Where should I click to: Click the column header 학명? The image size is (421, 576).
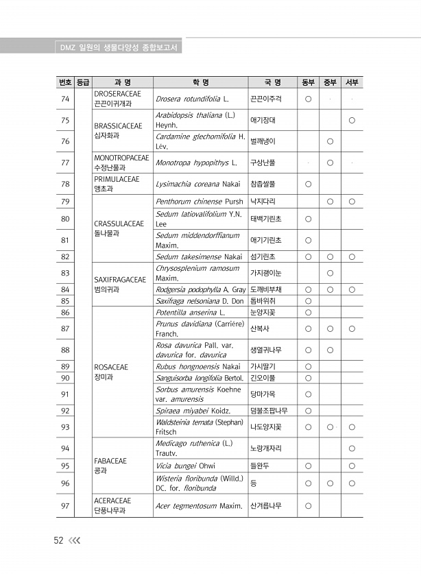[x=201, y=83]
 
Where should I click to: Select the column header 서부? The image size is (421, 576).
[x=352, y=83]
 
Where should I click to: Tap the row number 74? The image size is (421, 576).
[x=65, y=99]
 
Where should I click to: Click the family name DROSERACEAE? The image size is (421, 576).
[x=117, y=94]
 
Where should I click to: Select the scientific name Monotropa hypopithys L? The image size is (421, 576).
[x=195, y=163]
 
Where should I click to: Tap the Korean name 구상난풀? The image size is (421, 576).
[x=263, y=163]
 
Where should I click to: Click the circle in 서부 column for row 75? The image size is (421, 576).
[x=352, y=121]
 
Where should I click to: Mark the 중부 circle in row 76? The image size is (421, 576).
[x=330, y=141]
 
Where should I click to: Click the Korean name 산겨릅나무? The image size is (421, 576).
[x=266, y=506]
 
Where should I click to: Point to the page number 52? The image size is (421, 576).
[x=59, y=540]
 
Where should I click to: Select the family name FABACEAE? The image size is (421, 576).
[x=110, y=461]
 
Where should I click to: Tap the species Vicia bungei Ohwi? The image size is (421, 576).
[x=185, y=466]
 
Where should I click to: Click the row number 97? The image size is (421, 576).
[x=65, y=506]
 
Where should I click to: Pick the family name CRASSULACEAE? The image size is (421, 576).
[x=119, y=224]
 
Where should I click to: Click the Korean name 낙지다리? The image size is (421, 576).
[x=263, y=202]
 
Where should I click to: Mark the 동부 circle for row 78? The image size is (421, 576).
[x=308, y=184]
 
